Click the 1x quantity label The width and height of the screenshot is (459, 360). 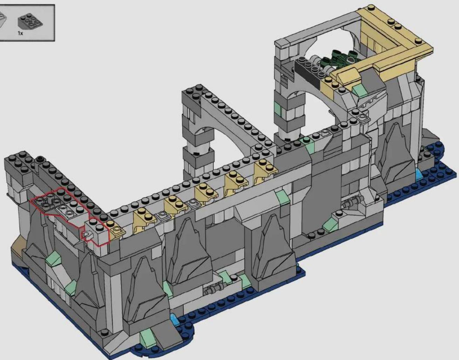20,33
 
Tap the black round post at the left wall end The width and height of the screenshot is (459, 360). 40,160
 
